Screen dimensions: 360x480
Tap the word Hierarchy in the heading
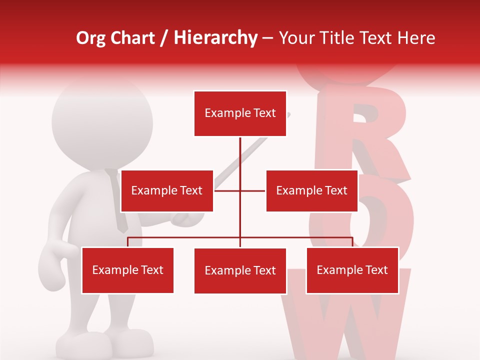215,38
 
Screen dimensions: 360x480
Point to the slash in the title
164,38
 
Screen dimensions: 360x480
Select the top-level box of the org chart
240,113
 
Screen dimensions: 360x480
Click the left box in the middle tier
167,190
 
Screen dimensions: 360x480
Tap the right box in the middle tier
311,190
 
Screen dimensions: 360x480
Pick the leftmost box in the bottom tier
127,270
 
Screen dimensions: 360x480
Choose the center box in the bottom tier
240,271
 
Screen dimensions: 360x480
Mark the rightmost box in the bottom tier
352,270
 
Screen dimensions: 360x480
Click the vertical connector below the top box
240,160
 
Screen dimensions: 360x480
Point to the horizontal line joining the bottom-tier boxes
185,237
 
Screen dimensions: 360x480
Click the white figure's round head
102,122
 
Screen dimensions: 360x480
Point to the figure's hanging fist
52,267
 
